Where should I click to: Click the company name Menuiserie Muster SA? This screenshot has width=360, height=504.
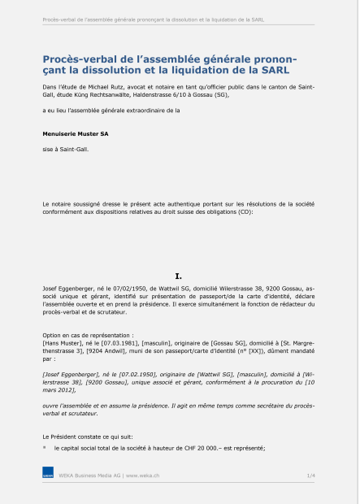point(76,129)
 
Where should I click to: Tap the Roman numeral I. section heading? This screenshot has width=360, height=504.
point(180,276)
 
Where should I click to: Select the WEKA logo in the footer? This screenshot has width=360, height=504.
point(49,473)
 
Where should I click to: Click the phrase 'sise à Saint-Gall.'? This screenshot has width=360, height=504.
point(62,150)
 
